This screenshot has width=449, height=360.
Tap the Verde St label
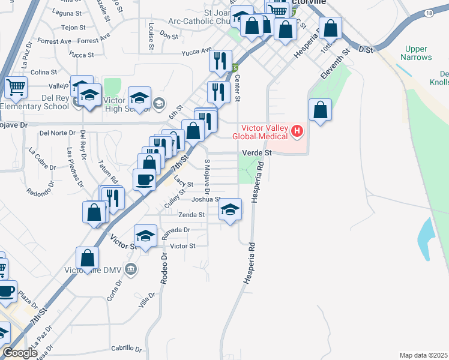pos(257,153)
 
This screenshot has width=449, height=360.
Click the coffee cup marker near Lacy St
pos(144,179)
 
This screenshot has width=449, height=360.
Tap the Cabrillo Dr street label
pos(127,348)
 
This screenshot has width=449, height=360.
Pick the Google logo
pos(20,353)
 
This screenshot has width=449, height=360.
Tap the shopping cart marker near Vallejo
pos(16,87)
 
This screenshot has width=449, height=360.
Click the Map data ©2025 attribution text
pos(423,355)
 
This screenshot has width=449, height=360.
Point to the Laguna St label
pos(67,12)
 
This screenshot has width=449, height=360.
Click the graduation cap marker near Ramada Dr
pos(145,236)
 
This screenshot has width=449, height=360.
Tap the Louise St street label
pos(151,35)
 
